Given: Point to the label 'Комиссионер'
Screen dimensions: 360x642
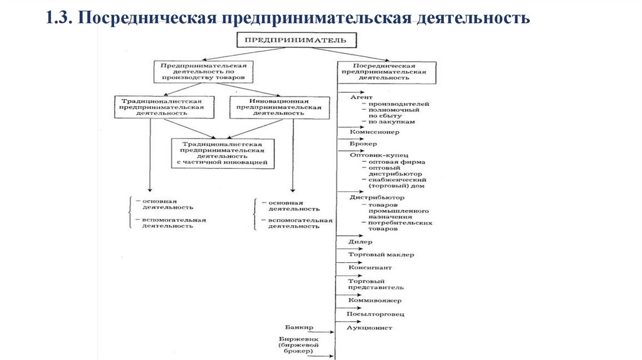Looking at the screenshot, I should point(374,132).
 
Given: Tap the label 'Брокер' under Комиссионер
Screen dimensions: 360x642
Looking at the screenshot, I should point(364,144).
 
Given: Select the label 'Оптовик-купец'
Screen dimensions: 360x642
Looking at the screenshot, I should point(378,154).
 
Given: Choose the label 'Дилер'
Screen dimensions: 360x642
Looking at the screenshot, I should point(361,241).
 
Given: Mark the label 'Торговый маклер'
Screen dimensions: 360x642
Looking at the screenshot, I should point(381,254).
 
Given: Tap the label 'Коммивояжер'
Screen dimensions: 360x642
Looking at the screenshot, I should point(375,300).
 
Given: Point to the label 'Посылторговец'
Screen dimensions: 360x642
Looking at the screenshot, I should point(376,313).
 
